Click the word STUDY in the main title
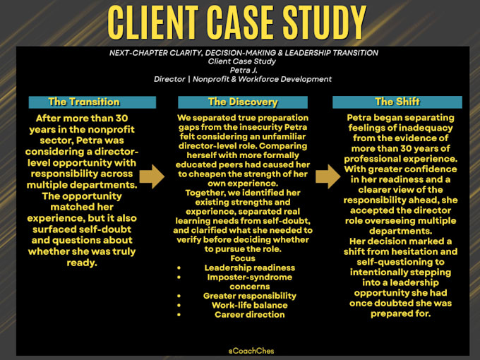(x=324, y=23)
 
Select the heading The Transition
(x=84, y=102)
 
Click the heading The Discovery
(x=243, y=102)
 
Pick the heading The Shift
(x=397, y=102)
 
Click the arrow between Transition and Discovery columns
(x=152, y=176)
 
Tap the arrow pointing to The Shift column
(x=328, y=176)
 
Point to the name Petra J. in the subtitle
(x=244, y=70)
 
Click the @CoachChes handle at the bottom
(x=251, y=351)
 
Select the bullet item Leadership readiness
(x=249, y=268)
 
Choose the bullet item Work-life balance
(x=249, y=305)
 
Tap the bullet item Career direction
(x=249, y=315)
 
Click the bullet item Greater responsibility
(x=249, y=296)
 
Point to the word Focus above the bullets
(x=243, y=258)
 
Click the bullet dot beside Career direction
(x=179, y=315)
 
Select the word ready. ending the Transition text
(x=82, y=263)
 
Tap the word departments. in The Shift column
(x=400, y=231)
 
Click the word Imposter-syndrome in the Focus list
(x=249, y=277)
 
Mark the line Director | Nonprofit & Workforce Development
(x=243, y=79)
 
